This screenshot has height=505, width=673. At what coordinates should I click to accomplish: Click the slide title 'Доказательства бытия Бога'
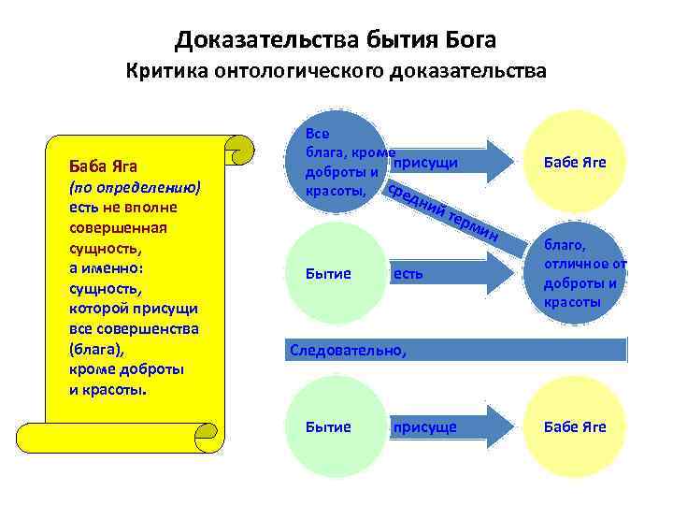point(336,39)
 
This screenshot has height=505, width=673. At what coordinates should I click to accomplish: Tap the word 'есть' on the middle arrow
point(408,274)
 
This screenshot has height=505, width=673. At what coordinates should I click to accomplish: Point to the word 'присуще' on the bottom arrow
point(425,427)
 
